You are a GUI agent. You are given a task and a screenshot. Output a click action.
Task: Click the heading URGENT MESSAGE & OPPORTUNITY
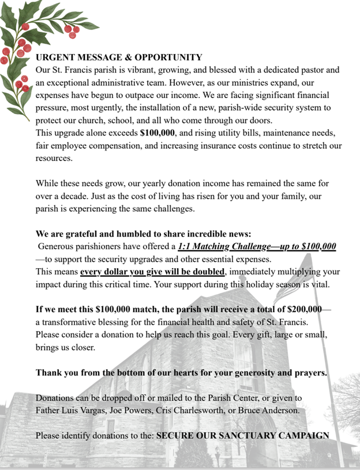click(119, 58)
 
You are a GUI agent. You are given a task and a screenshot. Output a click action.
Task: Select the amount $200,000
click(305, 309)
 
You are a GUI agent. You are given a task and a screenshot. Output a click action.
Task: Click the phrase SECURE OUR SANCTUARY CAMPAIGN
click(243, 435)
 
